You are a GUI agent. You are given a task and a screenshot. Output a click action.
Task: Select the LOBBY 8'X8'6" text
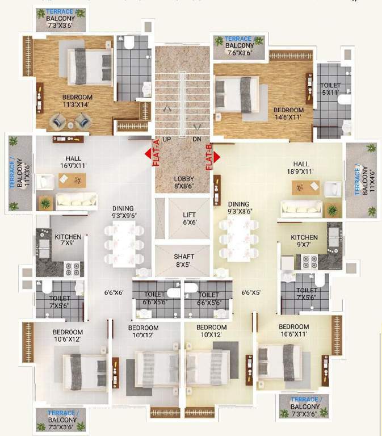183,182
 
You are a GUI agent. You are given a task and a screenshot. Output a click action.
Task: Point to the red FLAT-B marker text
209,156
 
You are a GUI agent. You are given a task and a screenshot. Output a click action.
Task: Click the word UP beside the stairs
167,139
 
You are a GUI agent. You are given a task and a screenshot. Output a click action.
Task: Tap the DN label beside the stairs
197,139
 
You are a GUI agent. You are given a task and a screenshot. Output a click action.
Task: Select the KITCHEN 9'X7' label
304,241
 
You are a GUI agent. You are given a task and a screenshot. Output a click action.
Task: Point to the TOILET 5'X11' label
330,89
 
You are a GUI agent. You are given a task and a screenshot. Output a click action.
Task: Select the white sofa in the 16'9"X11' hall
75,199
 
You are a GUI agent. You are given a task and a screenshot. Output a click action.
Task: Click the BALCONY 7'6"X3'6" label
239,49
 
